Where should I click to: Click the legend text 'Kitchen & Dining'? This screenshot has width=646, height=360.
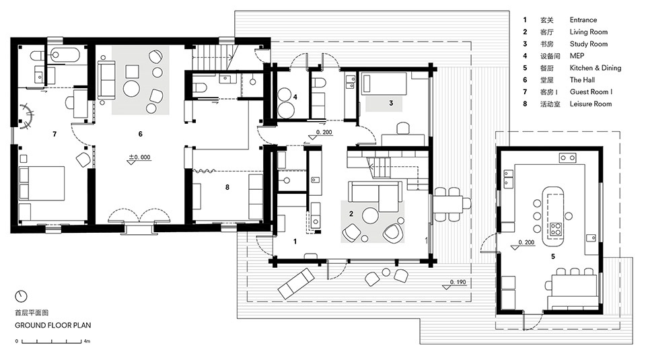click(x=595, y=68)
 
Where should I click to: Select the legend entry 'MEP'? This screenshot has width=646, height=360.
click(x=577, y=56)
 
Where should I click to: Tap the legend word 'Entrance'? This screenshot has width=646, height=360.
click(x=583, y=20)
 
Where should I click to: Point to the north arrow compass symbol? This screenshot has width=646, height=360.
click(x=22, y=295)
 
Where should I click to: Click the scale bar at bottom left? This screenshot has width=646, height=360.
click(x=51, y=341)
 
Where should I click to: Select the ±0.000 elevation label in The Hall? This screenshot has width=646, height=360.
click(x=140, y=159)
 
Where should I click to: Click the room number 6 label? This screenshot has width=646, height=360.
click(x=140, y=135)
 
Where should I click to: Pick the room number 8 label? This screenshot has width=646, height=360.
click(x=227, y=188)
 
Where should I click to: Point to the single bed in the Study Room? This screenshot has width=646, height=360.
click(x=385, y=83)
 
